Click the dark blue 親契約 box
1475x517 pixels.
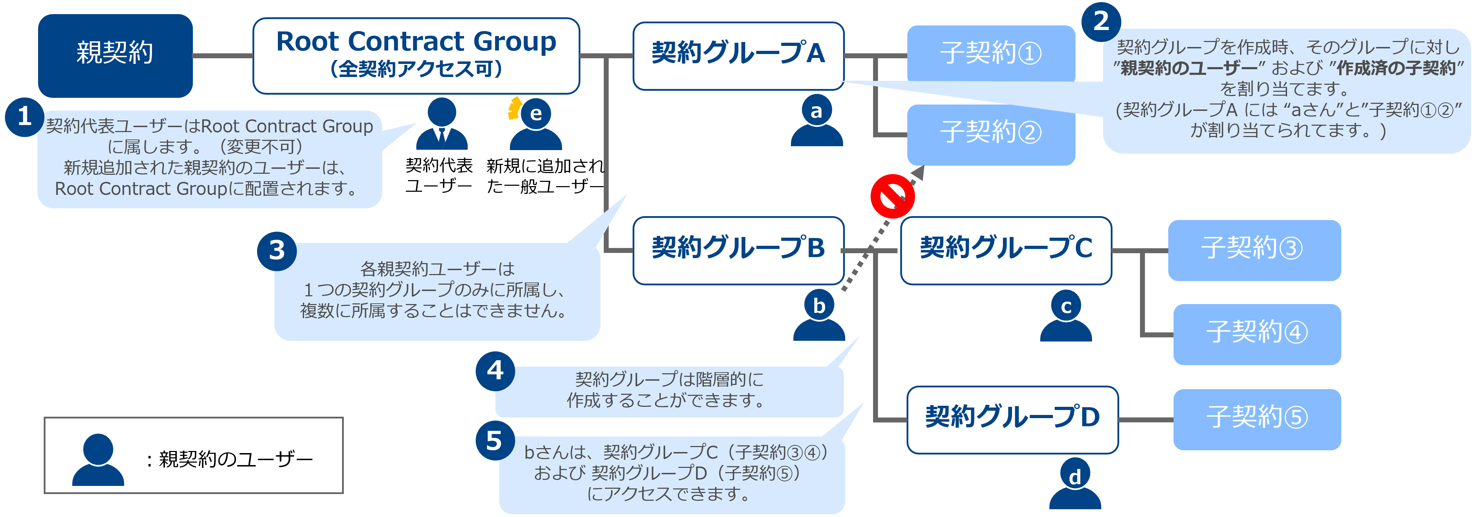pos(115,55)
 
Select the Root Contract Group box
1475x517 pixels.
pos(416,55)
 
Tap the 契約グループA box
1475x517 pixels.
pos(738,55)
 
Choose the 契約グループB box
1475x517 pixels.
pos(738,250)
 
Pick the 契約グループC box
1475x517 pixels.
pos(1005,250)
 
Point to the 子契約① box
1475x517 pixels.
pos(991,53)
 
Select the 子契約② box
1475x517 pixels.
pos(991,133)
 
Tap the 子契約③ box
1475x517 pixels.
pos(1254,250)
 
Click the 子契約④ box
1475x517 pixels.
pos(1257,334)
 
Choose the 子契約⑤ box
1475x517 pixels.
pos(1257,419)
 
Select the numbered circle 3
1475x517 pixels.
pos(276,250)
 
